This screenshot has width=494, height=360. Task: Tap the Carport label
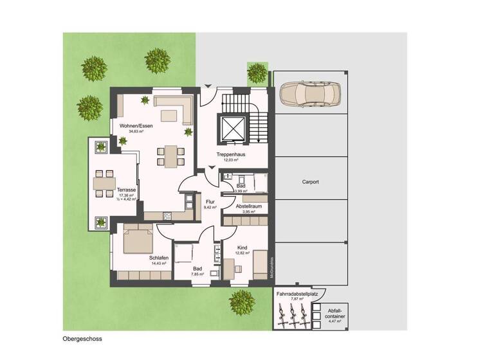tap(310, 182)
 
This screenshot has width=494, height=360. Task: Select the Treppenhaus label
tap(228, 155)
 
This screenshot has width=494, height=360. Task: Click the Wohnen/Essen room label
tap(136, 125)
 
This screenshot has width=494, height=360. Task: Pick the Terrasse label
tap(126, 190)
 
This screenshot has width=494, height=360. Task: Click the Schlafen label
tap(159, 258)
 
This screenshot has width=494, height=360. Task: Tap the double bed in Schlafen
tap(138, 240)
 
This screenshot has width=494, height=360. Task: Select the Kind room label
tap(242, 247)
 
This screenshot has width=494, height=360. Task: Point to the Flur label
tap(210, 201)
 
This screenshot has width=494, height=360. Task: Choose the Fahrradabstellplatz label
tap(299, 294)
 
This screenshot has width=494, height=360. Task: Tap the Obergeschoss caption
tap(82, 338)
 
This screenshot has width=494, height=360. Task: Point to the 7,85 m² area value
tap(197, 274)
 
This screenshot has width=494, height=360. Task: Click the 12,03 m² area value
tap(228, 161)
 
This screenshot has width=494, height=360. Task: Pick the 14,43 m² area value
tap(159, 264)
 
